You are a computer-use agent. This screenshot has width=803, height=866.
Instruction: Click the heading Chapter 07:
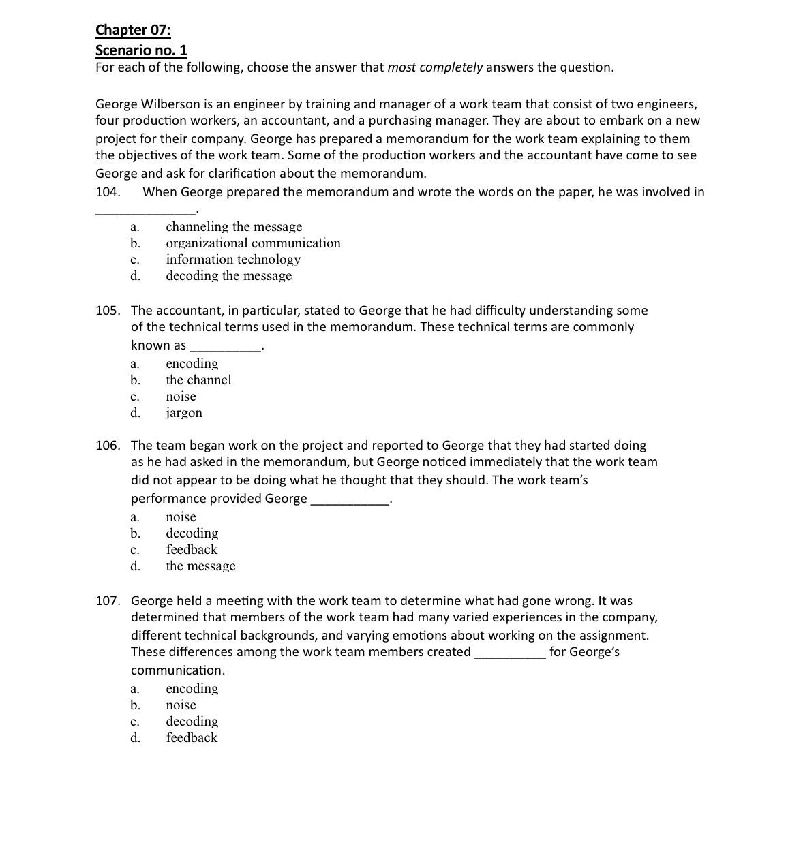click(x=133, y=30)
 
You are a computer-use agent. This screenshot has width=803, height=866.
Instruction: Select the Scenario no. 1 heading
click(x=141, y=50)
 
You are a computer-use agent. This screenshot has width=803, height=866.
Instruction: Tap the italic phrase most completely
click(x=435, y=67)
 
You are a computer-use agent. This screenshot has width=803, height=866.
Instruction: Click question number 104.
click(x=108, y=192)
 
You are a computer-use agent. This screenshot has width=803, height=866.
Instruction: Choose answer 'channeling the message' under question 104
click(x=233, y=227)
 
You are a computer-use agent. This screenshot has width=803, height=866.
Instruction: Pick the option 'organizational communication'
click(x=253, y=243)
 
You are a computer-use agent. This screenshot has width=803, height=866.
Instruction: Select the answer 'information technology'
click(x=233, y=260)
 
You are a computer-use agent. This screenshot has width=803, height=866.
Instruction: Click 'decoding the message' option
click(x=228, y=276)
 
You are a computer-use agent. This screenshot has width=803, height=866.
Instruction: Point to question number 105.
click(x=108, y=311)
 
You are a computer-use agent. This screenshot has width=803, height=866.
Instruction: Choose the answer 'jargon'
click(x=184, y=413)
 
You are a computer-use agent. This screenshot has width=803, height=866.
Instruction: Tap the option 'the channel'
click(x=198, y=380)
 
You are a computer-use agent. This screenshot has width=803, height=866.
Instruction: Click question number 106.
click(x=108, y=446)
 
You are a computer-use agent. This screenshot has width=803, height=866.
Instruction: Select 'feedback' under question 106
click(x=192, y=550)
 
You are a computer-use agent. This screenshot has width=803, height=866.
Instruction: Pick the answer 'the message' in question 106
click(x=200, y=566)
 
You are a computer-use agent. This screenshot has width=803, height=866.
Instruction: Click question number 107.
click(x=108, y=601)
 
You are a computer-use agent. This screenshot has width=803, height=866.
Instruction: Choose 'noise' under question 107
click(x=181, y=705)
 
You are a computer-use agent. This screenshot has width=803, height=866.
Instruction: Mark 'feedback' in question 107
click(x=192, y=738)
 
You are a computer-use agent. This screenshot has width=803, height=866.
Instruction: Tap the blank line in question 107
click(x=510, y=655)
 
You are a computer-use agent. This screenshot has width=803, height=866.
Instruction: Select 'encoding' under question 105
click(x=192, y=364)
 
